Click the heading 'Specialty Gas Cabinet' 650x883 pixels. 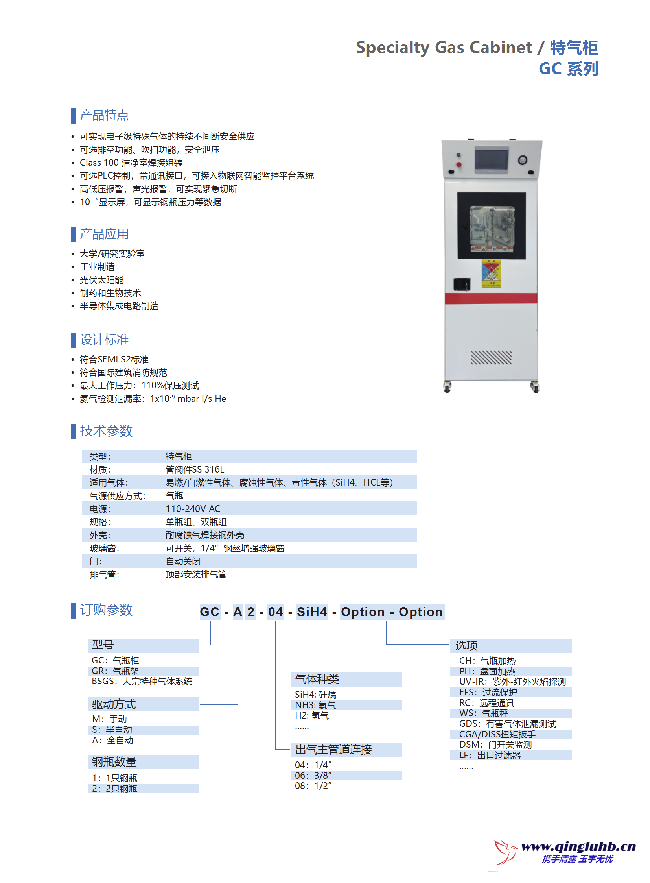pyautogui.click(x=444, y=48)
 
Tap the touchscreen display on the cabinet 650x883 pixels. pyautogui.click(x=491, y=159)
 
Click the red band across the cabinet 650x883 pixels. pyautogui.click(x=491, y=298)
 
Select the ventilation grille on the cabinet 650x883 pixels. pyautogui.click(x=491, y=357)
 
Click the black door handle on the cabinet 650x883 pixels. pyautogui.click(x=462, y=284)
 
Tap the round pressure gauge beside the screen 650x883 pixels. pyautogui.click(x=522, y=160)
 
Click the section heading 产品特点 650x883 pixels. pyautogui.click(x=104, y=115)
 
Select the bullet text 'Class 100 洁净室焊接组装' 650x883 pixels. pyautogui.click(x=131, y=163)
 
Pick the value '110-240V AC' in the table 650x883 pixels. pyautogui.click(x=193, y=509)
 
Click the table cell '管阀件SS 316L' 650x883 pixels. pyautogui.click(x=195, y=469)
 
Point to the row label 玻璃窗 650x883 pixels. pyautogui.click(x=104, y=548)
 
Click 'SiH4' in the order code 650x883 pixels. pyautogui.click(x=311, y=612)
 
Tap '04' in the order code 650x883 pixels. pyautogui.click(x=275, y=612)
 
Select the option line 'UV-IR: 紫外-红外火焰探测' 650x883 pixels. pyautogui.click(x=512, y=682)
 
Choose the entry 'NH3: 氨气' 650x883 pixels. pyautogui.click(x=315, y=705)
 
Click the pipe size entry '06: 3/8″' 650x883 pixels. pyautogui.click(x=313, y=775)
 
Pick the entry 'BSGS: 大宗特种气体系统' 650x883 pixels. pyautogui.click(x=142, y=682)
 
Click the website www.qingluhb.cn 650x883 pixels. pyautogui.click(x=578, y=846)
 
